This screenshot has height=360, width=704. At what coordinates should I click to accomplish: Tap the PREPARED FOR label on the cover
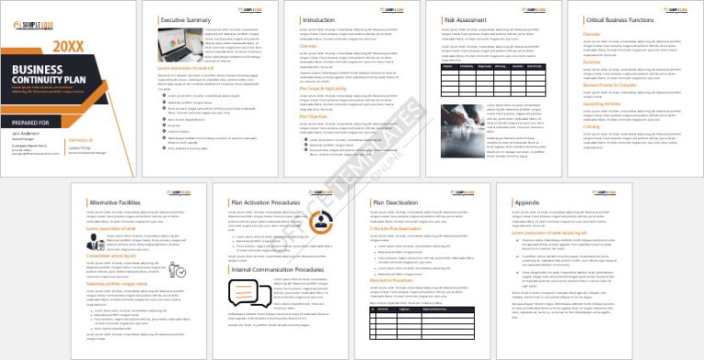30,121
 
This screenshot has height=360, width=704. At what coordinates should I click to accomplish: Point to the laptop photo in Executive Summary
181,43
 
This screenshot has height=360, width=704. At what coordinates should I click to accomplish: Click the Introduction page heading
318,18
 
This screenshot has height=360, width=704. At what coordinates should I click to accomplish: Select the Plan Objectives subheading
316,116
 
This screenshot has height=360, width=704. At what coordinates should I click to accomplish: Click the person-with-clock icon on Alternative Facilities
181,272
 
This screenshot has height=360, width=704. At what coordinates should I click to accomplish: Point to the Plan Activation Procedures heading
265,201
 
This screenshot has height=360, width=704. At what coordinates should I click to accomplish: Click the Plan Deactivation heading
397,201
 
